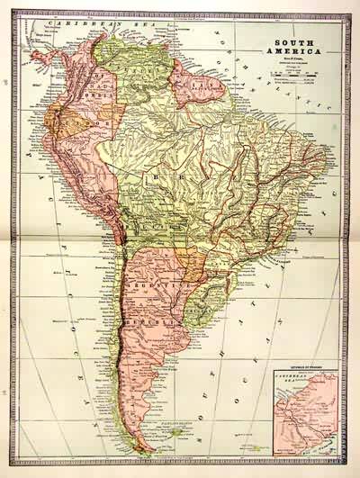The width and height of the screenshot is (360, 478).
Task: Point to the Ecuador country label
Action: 76,118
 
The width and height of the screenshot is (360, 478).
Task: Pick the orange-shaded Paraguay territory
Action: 192,262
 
